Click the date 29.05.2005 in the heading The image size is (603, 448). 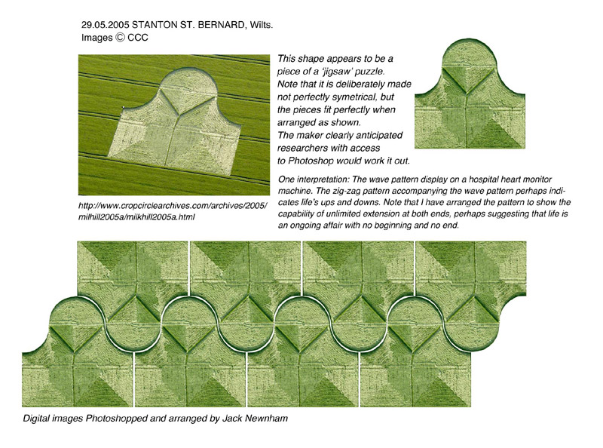click(x=105, y=25)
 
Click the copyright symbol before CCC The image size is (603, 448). click(x=120, y=38)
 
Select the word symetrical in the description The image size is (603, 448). click(x=351, y=97)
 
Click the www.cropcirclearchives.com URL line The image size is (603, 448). click(x=173, y=206)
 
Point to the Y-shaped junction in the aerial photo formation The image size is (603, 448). click(x=178, y=115)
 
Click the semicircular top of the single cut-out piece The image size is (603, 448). click(x=469, y=54)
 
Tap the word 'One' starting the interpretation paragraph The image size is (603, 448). click(x=286, y=180)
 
